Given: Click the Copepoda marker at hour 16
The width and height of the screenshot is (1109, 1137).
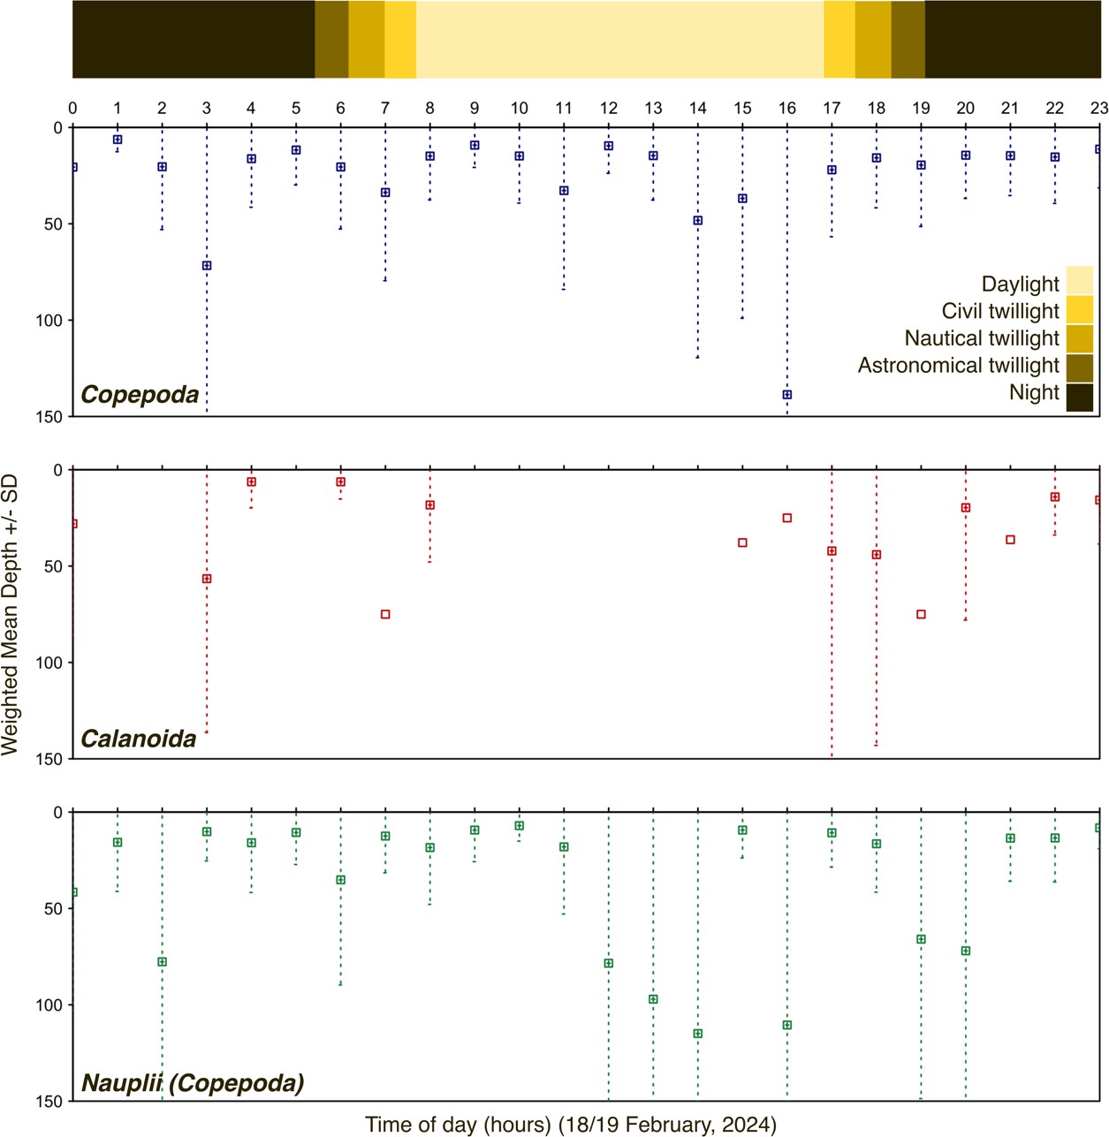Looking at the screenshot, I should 786,395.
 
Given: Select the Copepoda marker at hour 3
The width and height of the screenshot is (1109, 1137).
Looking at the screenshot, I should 207,266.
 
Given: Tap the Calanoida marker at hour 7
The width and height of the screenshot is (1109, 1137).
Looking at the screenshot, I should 385,614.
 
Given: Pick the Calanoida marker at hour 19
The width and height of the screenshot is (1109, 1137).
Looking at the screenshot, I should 921,614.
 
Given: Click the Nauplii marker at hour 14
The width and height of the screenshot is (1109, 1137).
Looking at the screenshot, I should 697,1034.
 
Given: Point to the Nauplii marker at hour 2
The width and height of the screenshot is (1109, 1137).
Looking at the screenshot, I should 162,962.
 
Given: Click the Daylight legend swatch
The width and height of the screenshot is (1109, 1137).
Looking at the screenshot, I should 1079,281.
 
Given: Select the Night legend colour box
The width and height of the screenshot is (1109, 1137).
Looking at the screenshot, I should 1079,397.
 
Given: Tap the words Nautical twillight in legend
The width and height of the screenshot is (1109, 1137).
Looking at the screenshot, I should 981,338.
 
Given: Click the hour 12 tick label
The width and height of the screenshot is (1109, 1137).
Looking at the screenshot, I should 608,108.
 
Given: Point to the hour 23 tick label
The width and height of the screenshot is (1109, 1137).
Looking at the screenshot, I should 1098,108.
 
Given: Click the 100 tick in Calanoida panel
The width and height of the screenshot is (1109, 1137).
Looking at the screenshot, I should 49,663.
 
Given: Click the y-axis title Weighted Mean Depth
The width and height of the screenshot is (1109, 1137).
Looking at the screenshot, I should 11,615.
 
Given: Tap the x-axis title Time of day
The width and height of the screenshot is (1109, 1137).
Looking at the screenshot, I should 571,1125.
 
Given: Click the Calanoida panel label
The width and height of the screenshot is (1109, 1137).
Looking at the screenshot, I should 139,739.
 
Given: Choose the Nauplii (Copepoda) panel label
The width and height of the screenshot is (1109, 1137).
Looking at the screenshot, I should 193,1083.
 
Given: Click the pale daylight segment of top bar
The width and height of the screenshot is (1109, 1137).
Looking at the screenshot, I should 619,40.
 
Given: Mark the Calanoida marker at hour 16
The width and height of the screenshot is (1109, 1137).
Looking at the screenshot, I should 786,518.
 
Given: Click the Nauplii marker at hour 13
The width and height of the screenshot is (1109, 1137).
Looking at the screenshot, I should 653,999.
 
